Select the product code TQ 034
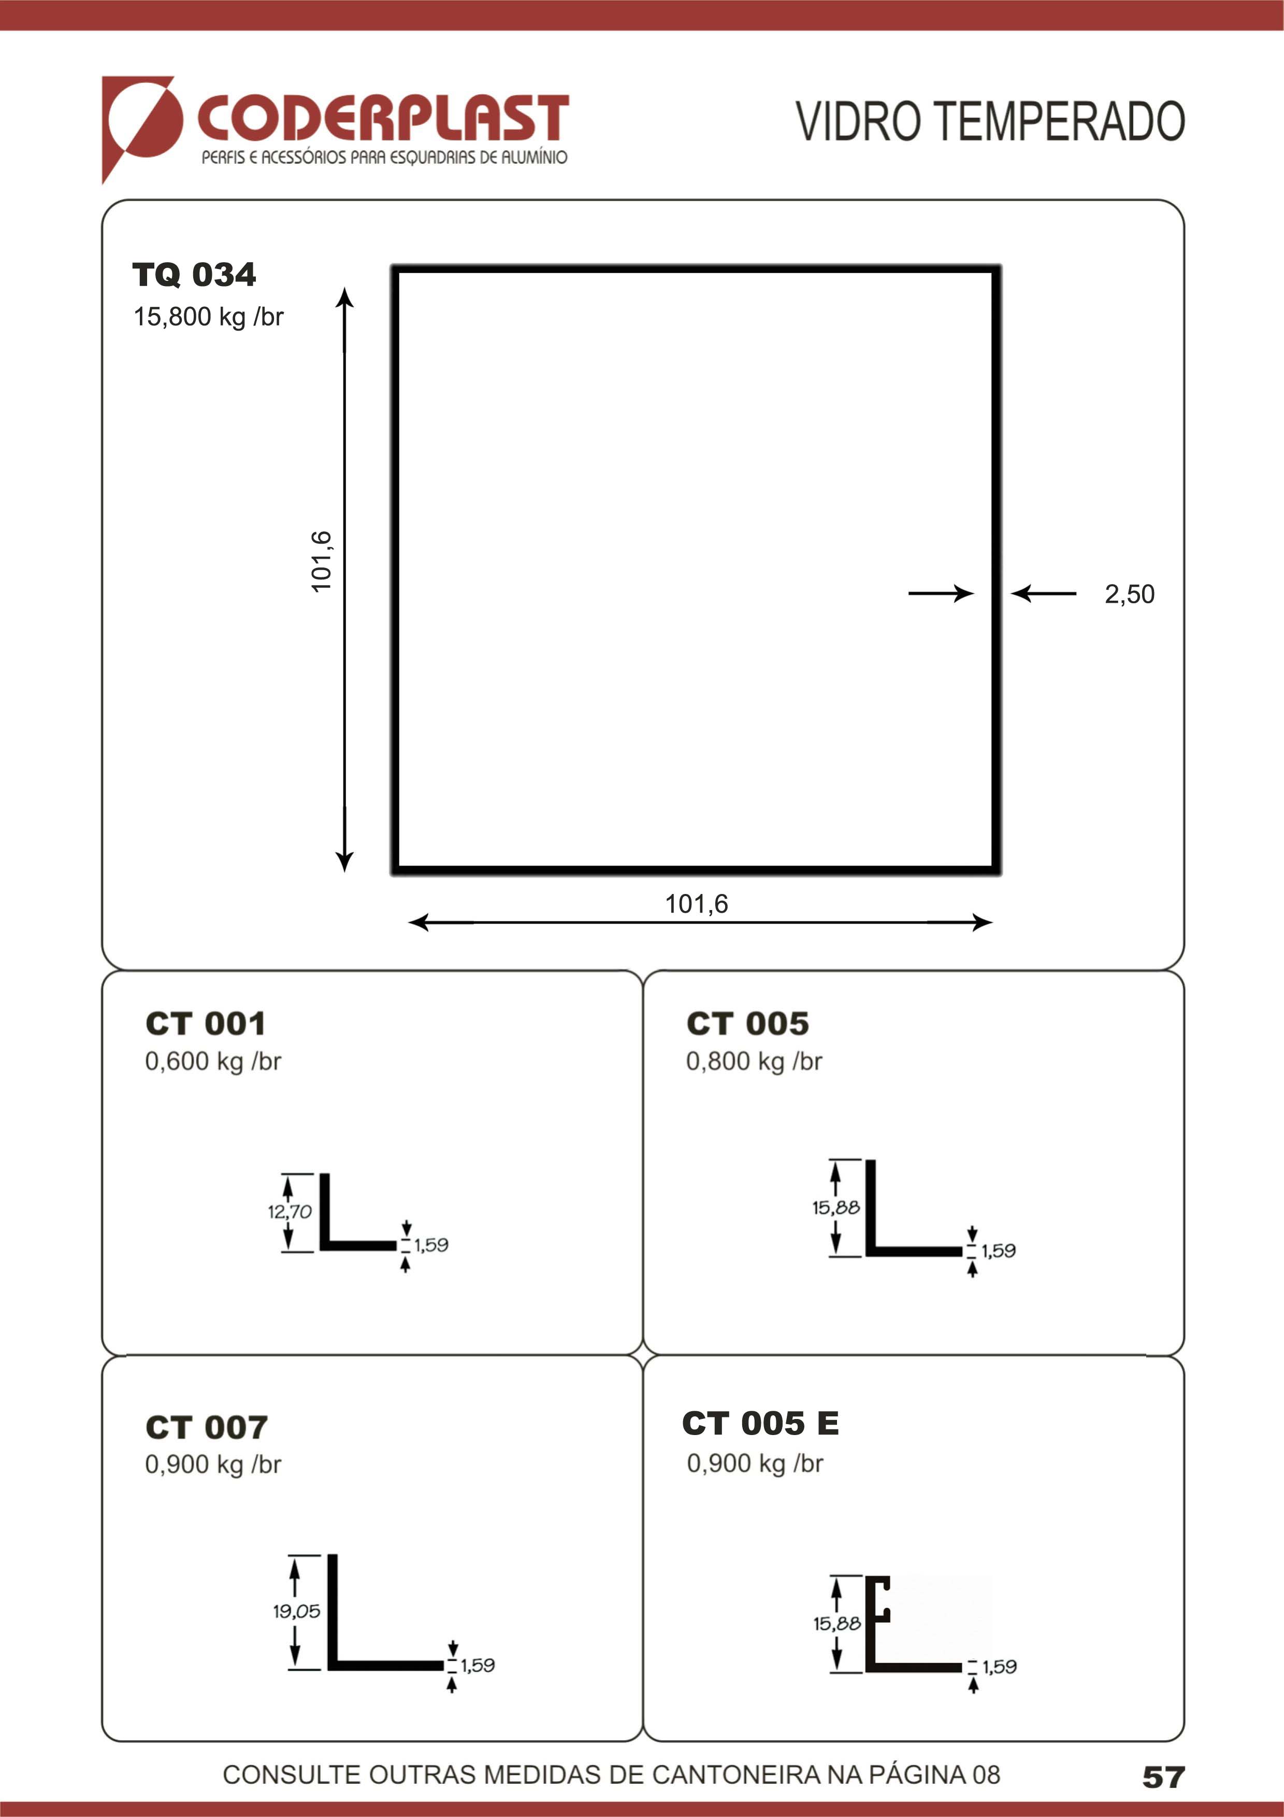(194, 275)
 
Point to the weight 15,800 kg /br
(208, 317)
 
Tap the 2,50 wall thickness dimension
(1129, 593)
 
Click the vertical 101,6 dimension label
(321, 561)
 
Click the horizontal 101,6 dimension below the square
(696, 904)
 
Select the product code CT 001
(205, 1023)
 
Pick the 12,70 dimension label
(290, 1211)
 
